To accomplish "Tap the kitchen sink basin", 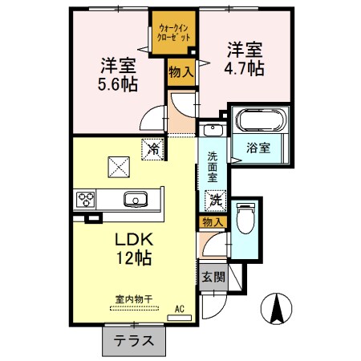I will (x=134, y=199).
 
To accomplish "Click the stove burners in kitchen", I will (x=87, y=200).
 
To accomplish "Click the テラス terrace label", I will (x=133, y=340).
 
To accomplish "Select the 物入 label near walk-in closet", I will (x=180, y=72).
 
